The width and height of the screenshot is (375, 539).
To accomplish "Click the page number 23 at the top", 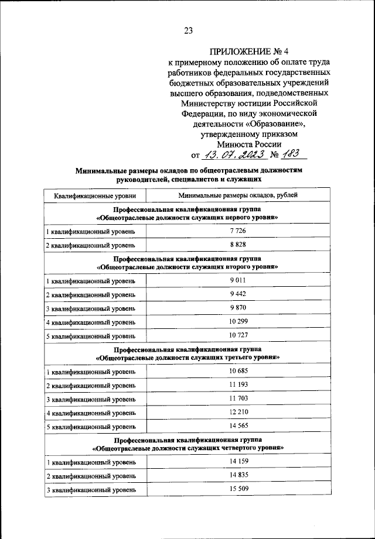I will [x=188, y=31].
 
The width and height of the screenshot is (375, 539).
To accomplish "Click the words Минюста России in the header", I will [x=248, y=144].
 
